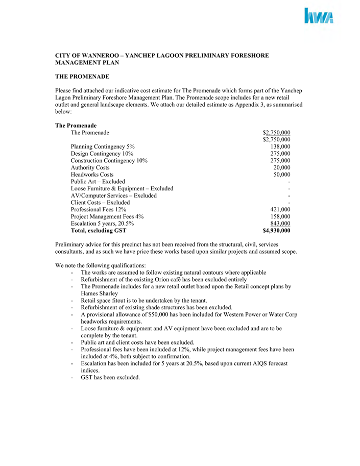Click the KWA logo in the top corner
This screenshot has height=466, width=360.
coord(319,16)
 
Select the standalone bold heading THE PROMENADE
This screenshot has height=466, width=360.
coord(82,77)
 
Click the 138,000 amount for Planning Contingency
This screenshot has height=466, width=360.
coord(280,146)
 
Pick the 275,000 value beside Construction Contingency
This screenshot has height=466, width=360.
coord(280,160)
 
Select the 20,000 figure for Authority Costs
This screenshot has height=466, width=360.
coord(282,167)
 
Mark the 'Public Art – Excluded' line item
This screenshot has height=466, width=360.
coord(98,182)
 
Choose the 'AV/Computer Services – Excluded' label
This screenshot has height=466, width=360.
coord(113,195)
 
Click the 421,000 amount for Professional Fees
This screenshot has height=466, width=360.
coord(280,209)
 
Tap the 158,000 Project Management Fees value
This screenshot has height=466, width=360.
coord(280,216)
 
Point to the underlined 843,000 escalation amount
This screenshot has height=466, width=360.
coord(280,224)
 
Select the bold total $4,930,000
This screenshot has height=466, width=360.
coord(276,231)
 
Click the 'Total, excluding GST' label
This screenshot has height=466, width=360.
coord(99,231)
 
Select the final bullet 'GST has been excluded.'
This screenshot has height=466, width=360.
coord(110,378)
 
